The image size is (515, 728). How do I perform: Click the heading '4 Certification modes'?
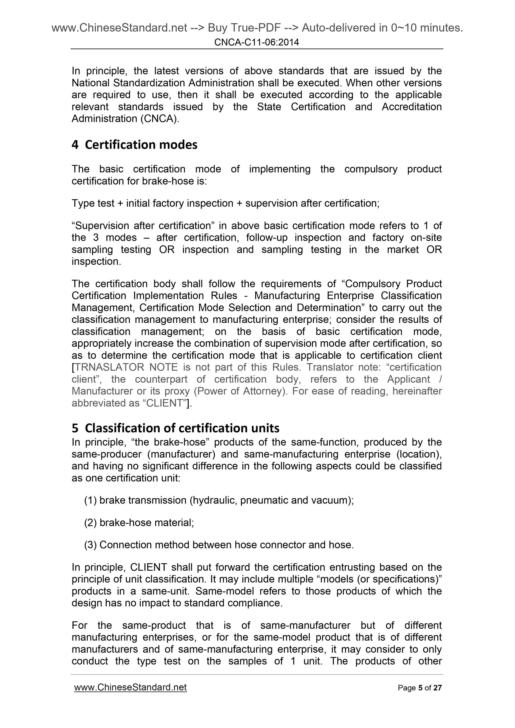[x=134, y=145]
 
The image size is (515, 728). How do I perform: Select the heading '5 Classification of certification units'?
[x=175, y=428]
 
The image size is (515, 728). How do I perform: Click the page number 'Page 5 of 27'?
[x=419, y=688]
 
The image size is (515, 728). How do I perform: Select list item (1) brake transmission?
[x=219, y=500]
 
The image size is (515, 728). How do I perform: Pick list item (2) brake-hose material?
[x=139, y=523]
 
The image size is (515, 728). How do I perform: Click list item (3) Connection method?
[x=219, y=545]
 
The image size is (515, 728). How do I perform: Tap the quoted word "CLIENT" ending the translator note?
[x=164, y=403]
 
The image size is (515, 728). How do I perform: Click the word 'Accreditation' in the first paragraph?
[x=411, y=107]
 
